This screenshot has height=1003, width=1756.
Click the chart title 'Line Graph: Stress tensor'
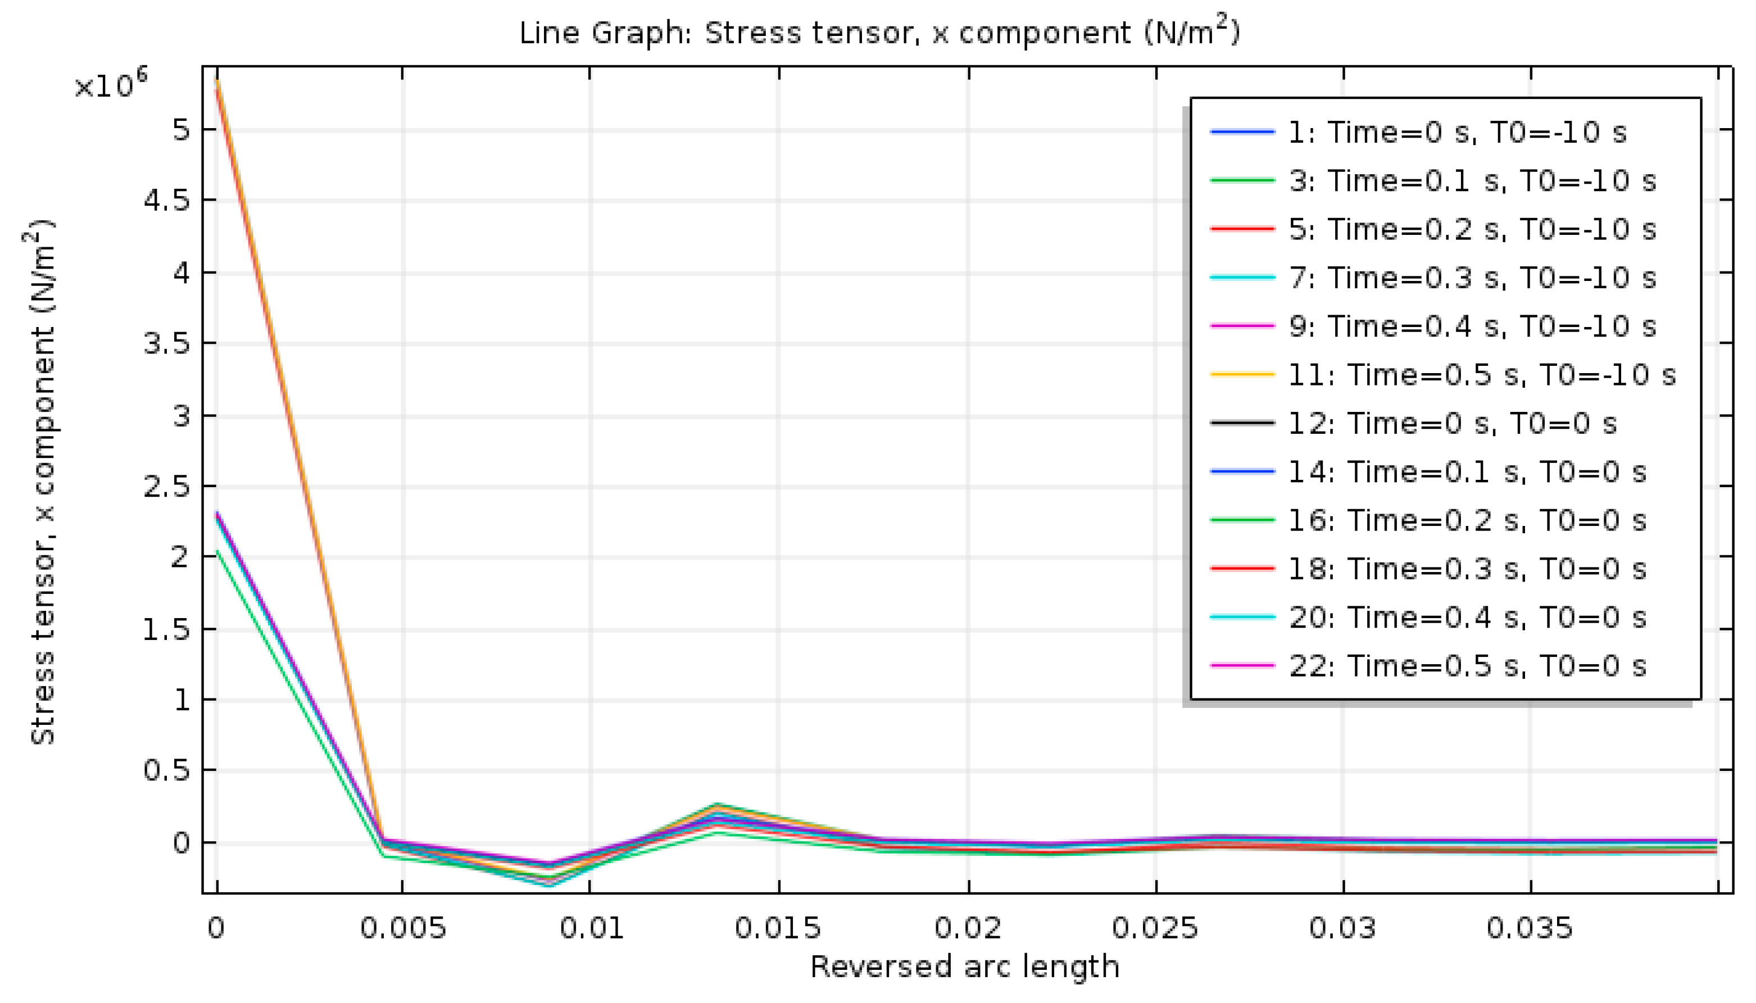(879, 33)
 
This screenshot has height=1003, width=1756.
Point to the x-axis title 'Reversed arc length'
(964, 966)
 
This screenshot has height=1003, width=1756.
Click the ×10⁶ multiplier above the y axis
(110, 85)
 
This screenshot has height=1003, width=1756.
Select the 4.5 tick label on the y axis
(166, 201)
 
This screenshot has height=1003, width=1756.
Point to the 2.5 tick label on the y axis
(166, 487)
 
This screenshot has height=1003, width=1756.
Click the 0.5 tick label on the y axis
(166, 770)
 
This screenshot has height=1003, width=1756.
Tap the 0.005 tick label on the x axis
(403, 928)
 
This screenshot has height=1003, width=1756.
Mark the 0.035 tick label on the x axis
(1530, 928)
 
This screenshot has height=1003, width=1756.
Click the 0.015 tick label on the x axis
(778, 928)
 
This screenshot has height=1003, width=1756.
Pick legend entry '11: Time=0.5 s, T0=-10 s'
(1481, 375)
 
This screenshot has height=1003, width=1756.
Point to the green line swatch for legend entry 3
(1242, 181)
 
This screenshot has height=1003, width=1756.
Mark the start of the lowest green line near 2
(217, 552)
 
